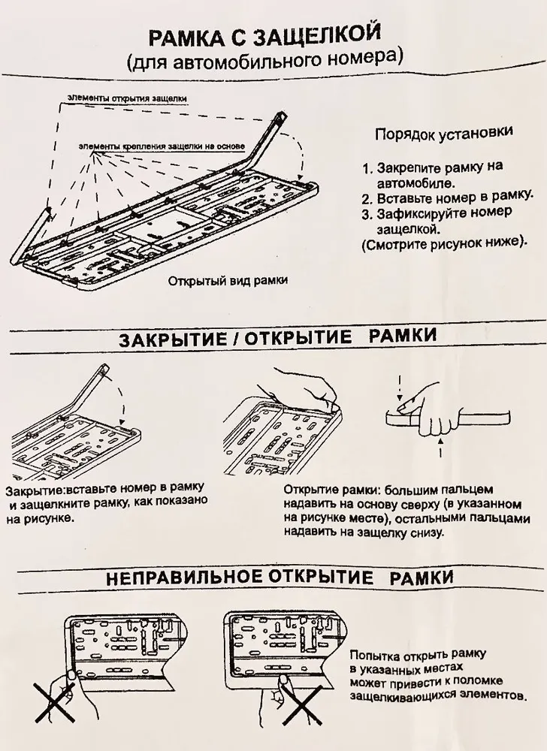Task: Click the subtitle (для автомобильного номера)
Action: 264,58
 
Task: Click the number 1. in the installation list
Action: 367,167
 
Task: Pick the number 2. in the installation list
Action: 367,199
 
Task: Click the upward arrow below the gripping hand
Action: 441,453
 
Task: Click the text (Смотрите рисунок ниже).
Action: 443,243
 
